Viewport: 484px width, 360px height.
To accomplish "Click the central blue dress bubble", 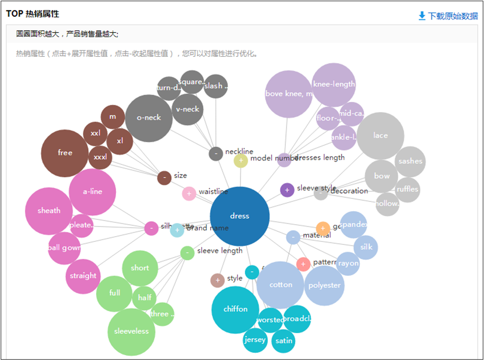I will point(239,216).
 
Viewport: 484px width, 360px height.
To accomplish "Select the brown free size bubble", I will point(65,153).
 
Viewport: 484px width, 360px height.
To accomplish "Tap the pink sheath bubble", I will point(49,211).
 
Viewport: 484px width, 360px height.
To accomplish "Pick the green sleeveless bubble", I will point(131,331).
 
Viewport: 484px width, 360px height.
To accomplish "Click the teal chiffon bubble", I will point(236,309).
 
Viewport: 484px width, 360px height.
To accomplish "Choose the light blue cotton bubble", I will point(280,285).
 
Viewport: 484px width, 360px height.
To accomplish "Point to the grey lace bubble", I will point(380,136).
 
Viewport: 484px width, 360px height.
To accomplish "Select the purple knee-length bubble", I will point(334,85).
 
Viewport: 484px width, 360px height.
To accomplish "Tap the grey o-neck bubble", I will point(149,118).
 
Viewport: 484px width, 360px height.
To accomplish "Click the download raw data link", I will point(448,16).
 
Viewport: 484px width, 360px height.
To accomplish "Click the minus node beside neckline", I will point(216,154).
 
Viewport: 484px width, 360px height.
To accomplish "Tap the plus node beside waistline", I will point(189,194).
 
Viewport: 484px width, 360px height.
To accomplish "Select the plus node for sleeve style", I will point(287,190).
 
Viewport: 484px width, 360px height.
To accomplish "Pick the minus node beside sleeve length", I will point(187,252).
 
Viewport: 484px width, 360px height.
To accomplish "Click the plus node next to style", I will point(217,281).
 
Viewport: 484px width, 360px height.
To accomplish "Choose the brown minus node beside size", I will point(164,178).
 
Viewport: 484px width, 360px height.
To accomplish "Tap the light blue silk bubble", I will point(366,247).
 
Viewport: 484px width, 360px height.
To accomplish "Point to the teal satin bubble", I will point(284,341).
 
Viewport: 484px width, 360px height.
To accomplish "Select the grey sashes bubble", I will point(410,162).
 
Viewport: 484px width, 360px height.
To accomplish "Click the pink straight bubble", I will point(83,276).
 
